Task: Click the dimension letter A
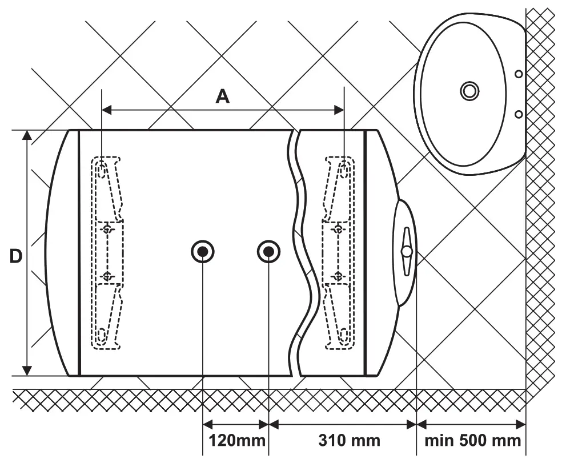[x=222, y=96]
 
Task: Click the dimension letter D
[x=16, y=256]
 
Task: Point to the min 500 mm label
[x=472, y=441]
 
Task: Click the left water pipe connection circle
[x=203, y=251]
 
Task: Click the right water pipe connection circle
[x=268, y=251]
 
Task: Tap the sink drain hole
[x=469, y=90]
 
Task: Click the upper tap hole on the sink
[x=518, y=74]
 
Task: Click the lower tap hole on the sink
[x=518, y=114]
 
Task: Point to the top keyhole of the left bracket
[x=101, y=168]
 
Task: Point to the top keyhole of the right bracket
[x=344, y=168]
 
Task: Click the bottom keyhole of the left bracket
[x=101, y=336]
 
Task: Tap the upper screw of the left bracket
[x=107, y=228]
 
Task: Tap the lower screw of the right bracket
[x=338, y=276]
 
